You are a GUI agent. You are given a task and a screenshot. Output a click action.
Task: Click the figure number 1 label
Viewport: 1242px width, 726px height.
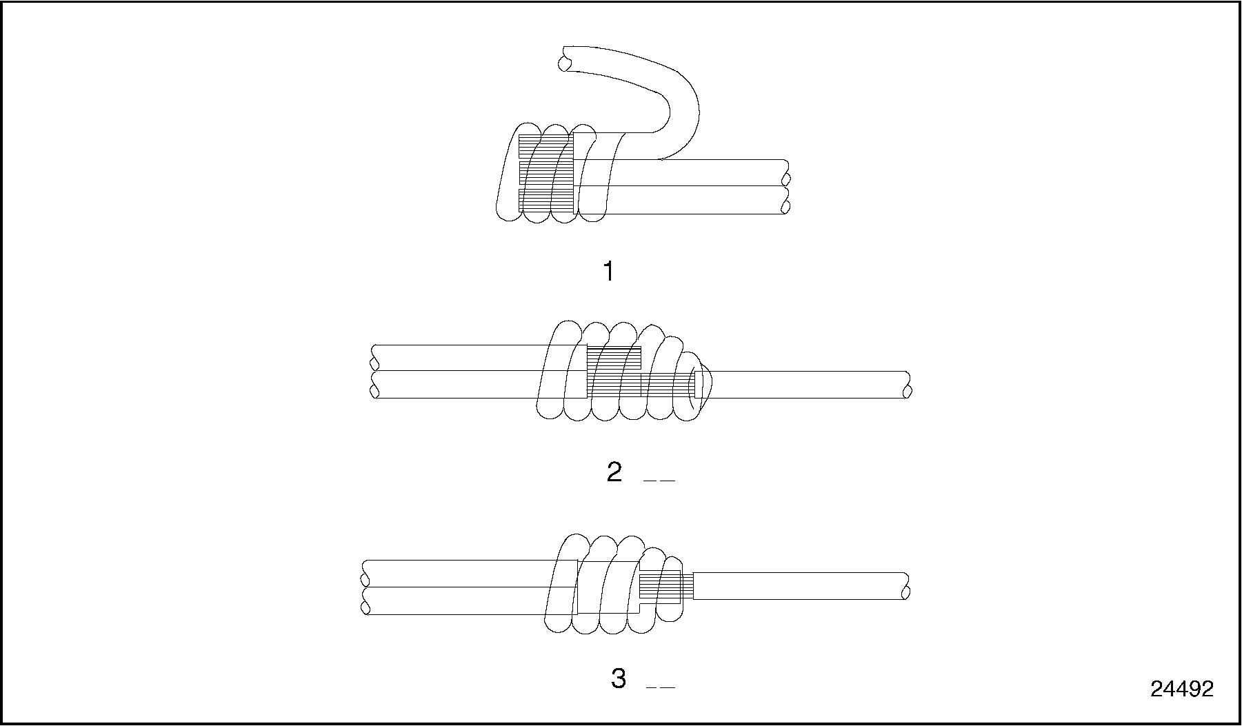tap(608, 272)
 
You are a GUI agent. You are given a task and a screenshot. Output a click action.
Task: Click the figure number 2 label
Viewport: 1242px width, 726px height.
tap(614, 473)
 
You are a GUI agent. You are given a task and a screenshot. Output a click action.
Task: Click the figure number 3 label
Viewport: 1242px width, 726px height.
tap(619, 679)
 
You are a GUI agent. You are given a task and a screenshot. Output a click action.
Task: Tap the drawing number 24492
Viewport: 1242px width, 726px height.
tap(1181, 689)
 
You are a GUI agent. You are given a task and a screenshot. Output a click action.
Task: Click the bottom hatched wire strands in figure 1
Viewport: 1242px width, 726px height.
tap(545, 199)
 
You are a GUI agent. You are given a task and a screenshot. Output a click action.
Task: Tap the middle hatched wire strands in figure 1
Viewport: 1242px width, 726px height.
tap(545, 172)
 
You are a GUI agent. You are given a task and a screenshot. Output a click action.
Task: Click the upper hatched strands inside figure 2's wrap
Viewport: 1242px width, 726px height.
tap(614, 359)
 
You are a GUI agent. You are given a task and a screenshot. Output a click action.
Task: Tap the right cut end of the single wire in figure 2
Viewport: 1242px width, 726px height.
tap(907, 385)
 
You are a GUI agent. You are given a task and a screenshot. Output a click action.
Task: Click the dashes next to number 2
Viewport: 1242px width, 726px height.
tap(659, 481)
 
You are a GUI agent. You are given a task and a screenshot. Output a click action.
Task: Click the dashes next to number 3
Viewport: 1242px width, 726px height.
tap(660, 687)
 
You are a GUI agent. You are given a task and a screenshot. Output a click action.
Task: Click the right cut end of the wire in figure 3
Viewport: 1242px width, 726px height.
tap(905, 586)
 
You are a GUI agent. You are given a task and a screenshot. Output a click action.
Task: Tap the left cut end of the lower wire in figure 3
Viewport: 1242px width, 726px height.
tap(365, 601)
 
